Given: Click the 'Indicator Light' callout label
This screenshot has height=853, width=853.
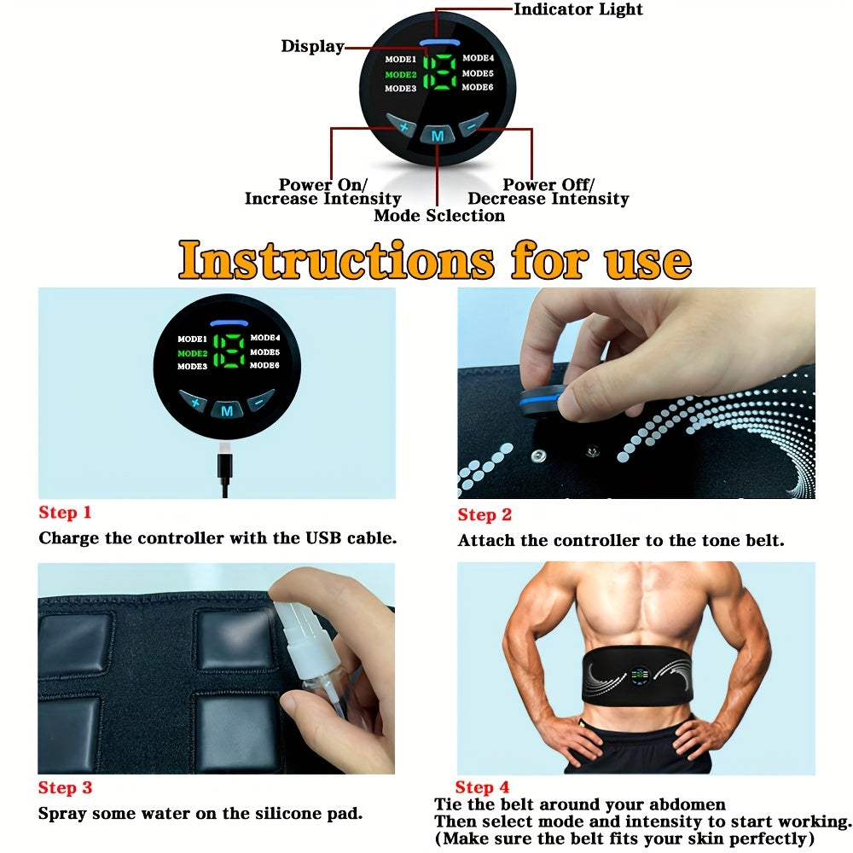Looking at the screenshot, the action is point(577,9).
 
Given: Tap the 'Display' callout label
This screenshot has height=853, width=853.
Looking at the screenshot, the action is point(312,46).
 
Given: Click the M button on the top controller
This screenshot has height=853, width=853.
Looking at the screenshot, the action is point(438,136).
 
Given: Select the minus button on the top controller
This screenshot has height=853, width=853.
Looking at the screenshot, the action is point(473,125).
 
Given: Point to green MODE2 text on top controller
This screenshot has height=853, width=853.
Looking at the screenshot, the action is point(401,74).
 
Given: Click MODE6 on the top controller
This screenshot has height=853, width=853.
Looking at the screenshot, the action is point(478,87).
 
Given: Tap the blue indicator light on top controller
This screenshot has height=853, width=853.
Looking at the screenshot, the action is point(439,42).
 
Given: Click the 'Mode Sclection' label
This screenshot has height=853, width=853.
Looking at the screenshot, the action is point(439,216).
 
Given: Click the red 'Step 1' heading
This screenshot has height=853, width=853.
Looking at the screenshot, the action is point(65,513).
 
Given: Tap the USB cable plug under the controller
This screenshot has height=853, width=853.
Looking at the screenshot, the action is point(224,465).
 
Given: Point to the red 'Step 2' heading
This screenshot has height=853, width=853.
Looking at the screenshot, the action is point(485,514).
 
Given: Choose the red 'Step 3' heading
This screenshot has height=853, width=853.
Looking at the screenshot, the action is point(65,787).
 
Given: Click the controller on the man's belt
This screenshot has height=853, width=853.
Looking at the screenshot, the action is point(640,676).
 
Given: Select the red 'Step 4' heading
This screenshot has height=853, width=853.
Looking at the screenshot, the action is point(482,787).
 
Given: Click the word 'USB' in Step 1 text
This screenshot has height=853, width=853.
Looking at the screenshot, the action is point(323,538).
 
